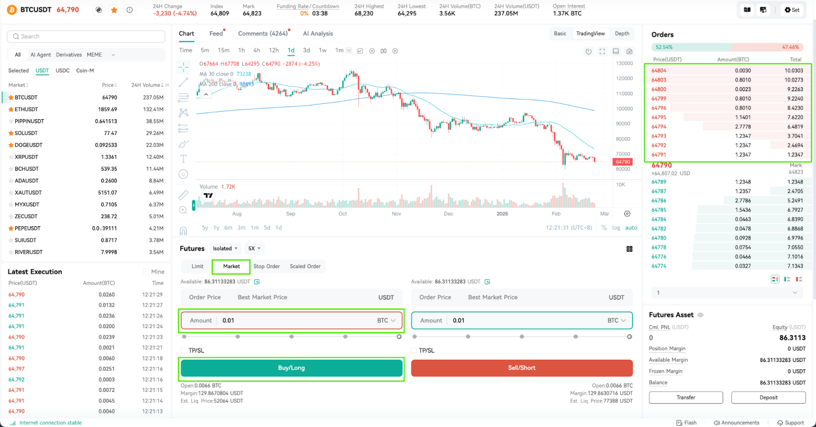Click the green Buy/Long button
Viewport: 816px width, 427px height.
point(291,368)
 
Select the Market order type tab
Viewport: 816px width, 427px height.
point(232,266)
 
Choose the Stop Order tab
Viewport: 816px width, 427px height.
point(267,266)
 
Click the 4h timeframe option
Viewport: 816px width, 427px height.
point(257,50)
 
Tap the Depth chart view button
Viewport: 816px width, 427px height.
point(622,34)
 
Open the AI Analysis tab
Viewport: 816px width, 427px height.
point(318,34)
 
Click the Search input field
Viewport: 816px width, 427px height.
point(86,36)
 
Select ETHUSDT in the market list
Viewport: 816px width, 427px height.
point(26,109)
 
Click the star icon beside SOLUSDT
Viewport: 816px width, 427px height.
point(11,133)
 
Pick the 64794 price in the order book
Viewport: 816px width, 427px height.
point(658,127)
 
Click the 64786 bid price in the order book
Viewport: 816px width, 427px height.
point(658,201)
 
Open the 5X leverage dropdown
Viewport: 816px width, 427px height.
point(254,249)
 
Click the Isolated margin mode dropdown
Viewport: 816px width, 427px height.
point(225,249)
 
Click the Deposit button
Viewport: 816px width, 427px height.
point(768,397)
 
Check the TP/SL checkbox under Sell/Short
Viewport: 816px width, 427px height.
point(414,351)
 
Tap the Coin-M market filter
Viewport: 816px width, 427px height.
point(85,71)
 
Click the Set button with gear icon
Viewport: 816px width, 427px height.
point(792,10)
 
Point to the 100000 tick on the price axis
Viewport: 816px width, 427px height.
point(623,109)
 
